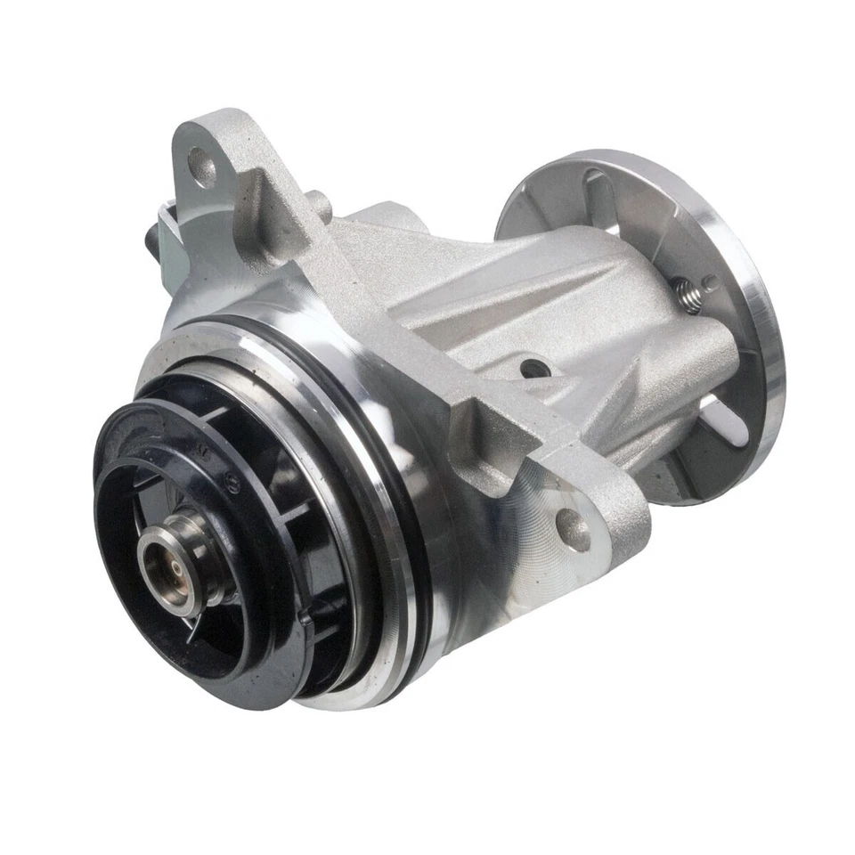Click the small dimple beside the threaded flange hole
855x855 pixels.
point(710,284)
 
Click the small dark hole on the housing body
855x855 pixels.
point(533,367)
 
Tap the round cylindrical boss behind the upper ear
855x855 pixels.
point(318,207)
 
